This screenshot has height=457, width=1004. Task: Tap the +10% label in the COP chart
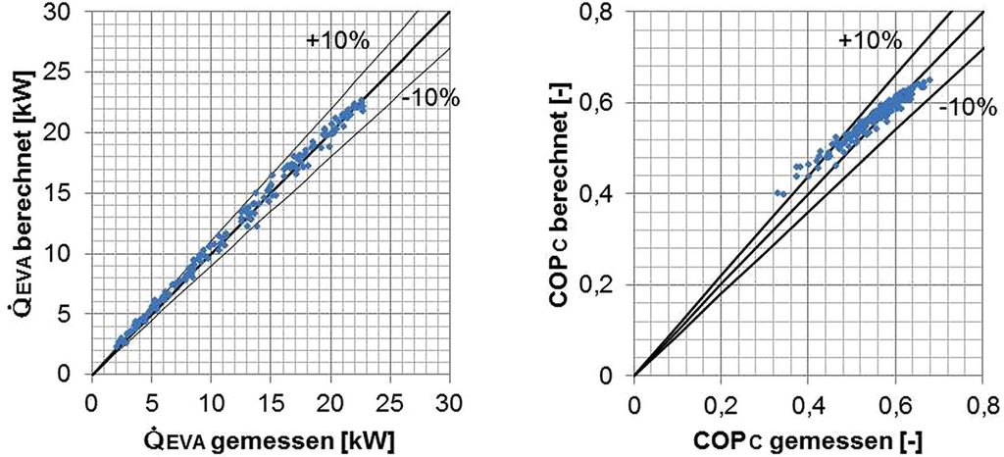click(x=869, y=40)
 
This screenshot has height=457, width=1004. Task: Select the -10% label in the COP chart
click(x=962, y=108)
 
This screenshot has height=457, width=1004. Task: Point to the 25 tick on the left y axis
click(x=64, y=72)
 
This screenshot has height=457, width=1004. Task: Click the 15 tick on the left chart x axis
click(x=271, y=401)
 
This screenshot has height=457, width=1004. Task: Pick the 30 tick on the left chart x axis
click(x=450, y=401)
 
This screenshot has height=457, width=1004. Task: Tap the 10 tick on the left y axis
click(x=64, y=254)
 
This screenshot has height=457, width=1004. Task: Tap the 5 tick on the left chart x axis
click(x=151, y=401)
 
